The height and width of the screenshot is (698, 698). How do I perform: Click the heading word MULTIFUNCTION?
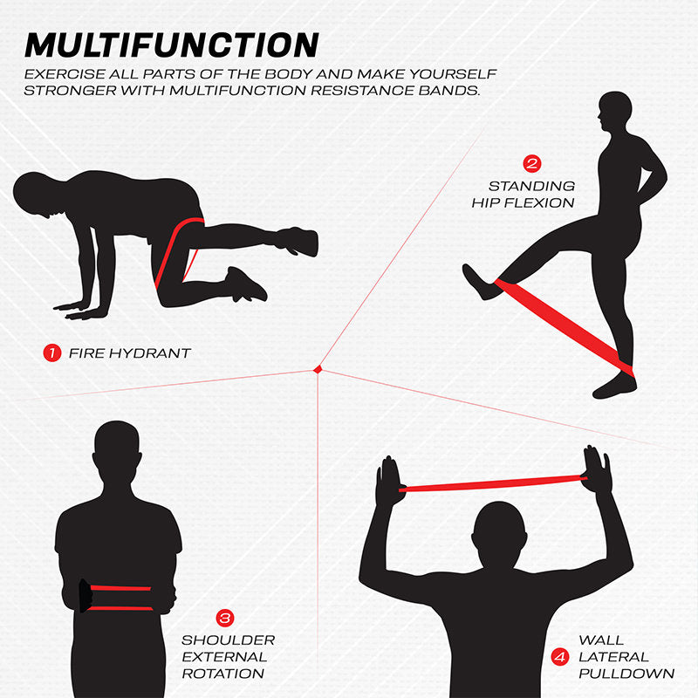click(x=171, y=45)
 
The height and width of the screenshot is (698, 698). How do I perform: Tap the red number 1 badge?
click(x=52, y=353)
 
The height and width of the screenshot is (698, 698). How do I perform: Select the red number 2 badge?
click(x=531, y=163)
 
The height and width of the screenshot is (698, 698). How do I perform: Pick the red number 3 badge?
click(x=225, y=618)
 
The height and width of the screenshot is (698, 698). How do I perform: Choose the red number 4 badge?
click(x=560, y=657)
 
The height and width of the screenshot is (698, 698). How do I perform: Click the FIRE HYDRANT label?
click(x=129, y=353)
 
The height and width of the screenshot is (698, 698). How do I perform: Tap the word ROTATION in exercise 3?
click(x=223, y=674)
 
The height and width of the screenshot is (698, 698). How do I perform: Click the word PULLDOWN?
click(x=626, y=674)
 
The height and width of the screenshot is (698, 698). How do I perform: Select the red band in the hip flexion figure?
click(x=565, y=327)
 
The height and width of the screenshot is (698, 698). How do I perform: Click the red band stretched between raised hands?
click(x=493, y=483)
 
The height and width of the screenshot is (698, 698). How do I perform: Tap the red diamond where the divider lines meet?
click(x=318, y=369)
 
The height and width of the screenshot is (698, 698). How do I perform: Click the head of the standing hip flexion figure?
click(x=614, y=113)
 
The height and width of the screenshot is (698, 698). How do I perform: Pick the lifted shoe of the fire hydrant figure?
click(x=298, y=242)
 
